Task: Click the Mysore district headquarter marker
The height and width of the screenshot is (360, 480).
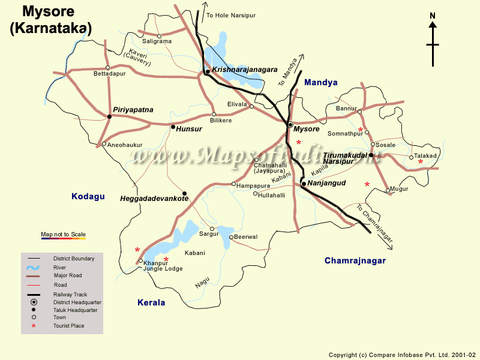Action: coord(290,125)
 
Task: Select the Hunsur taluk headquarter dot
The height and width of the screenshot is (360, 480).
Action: coord(173,127)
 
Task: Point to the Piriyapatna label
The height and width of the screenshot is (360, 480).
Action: coord(133,110)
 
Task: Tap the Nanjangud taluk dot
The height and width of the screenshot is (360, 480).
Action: coord(304,184)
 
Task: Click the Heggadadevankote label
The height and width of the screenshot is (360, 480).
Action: coord(154,198)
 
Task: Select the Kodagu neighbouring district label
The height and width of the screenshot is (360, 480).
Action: coord(88,196)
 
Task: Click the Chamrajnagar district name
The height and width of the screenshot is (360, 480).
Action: coord(355,260)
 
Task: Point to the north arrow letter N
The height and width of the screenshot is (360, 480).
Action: coord(432,16)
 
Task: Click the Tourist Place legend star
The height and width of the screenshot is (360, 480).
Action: coord(34,326)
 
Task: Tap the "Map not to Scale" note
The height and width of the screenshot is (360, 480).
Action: coord(63,234)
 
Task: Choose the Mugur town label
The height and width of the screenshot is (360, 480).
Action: coord(399,189)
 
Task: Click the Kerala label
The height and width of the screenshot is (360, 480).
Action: coord(151,303)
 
